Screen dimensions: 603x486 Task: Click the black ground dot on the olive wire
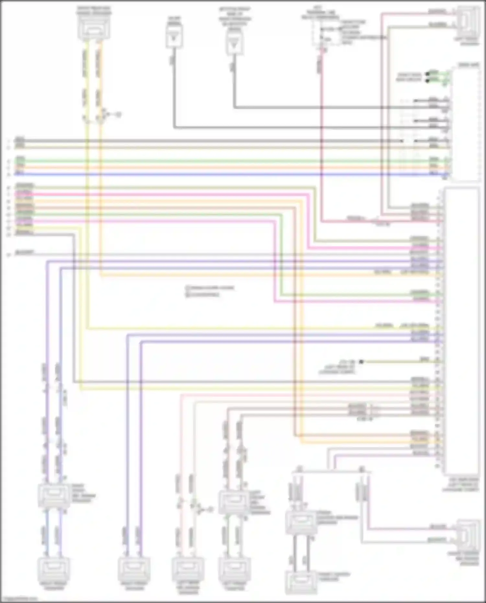click(x=361, y=362)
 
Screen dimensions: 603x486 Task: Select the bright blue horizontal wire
click(x=227, y=174)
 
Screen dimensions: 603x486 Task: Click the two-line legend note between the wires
click(x=209, y=291)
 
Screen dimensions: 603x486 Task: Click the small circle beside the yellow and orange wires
click(x=119, y=114)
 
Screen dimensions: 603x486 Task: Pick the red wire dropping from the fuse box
click(x=322, y=130)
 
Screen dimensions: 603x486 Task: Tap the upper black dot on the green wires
click(x=428, y=73)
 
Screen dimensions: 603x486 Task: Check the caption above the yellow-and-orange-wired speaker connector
click(x=94, y=10)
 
